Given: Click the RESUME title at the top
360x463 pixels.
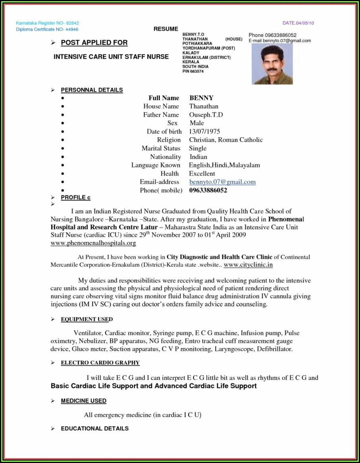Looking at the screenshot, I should click(x=166, y=29).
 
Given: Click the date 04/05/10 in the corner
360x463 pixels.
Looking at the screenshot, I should click(x=304, y=23).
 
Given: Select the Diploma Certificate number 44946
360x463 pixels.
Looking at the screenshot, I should click(x=72, y=29).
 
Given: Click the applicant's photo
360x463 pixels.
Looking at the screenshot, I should click(x=272, y=64).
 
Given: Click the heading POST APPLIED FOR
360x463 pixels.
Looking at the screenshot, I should click(x=94, y=43).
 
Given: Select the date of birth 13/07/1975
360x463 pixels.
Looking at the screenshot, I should click(x=204, y=131).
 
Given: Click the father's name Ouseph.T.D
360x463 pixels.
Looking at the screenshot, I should click(x=206, y=115).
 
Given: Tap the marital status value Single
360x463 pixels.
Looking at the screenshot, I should click(x=198, y=148).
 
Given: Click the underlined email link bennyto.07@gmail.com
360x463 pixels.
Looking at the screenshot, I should click(x=222, y=182).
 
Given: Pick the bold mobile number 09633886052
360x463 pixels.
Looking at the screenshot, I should click(x=208, y=190).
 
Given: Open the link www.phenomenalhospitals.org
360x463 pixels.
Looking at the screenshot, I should click(x=93, y=243).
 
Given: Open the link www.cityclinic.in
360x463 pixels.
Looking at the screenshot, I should click(x=248, y=265).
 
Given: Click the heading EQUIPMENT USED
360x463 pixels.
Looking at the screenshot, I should click(x=87, y=319).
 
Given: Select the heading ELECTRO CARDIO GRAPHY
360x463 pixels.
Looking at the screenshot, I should click(x=100, y=363).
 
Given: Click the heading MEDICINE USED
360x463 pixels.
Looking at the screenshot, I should click(x=84, y=401).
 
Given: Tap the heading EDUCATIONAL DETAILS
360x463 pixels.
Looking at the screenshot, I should click(x=95, y=428).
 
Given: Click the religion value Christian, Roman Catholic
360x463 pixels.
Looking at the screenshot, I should click(x=226, y=140).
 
